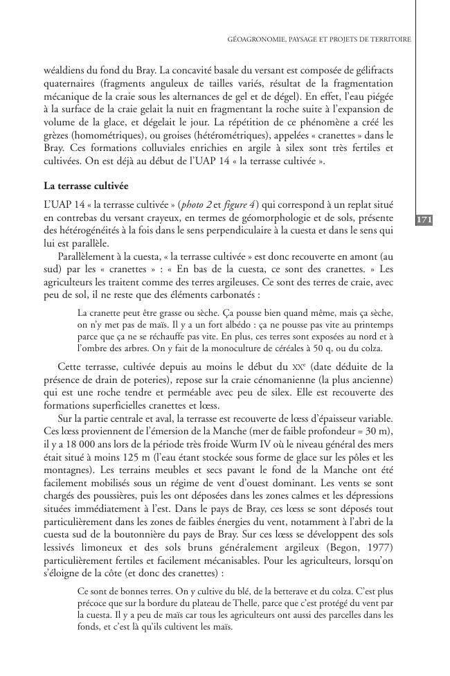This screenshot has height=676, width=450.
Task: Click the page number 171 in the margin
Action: click(x=424, y=220)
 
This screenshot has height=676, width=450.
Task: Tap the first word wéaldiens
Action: click(x=64, y=71)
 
